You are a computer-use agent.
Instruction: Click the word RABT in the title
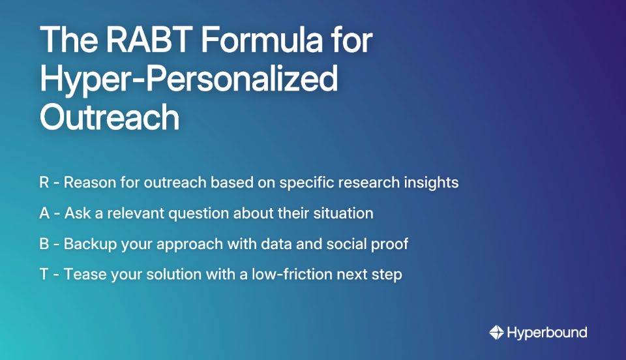click(x=140, y=42)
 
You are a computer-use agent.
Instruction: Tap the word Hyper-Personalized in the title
click(x=189, y=80)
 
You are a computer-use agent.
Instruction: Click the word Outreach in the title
click(x=110, y=118)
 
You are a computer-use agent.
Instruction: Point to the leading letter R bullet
click(x=44, y=183)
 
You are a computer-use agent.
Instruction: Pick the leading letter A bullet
click(x=44, y=213)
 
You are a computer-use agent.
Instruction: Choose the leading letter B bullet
click(x=44, y=244)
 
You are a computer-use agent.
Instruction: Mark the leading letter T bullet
click(x=44, y=275)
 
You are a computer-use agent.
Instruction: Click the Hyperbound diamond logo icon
click(x=497, y=333)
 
